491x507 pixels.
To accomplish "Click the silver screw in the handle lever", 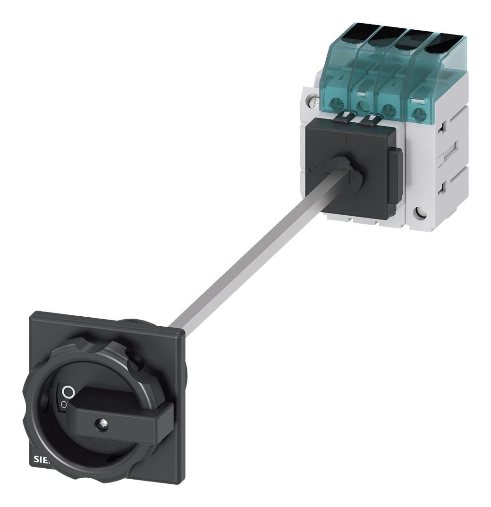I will (102, 424).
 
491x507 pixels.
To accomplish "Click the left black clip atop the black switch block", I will (346, 116).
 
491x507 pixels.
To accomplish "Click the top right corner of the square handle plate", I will (183, 333).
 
